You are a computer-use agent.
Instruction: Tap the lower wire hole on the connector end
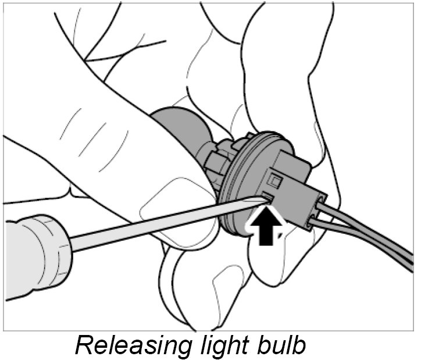[315, 222]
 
